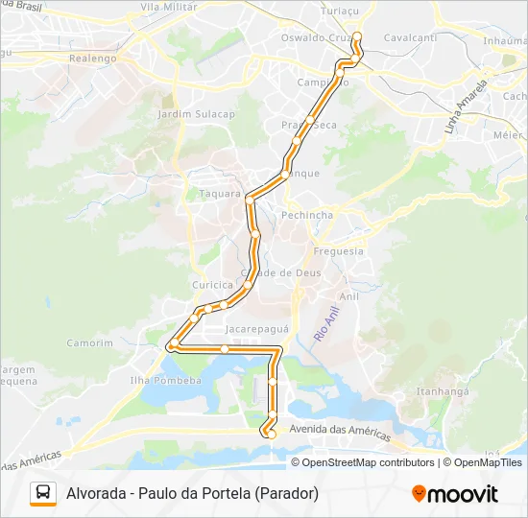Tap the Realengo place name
[93, 58]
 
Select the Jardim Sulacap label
[196, 113]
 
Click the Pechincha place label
[307, 216]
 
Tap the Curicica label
[212, 285]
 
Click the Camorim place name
[89, 342]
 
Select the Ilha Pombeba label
[166, 380]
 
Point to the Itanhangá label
[441, 391]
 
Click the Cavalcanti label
[410, 37]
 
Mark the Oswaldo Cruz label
[313, 37]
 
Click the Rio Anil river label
[326, 324]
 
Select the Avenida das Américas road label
[341, 432]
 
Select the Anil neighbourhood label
[348, 297]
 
